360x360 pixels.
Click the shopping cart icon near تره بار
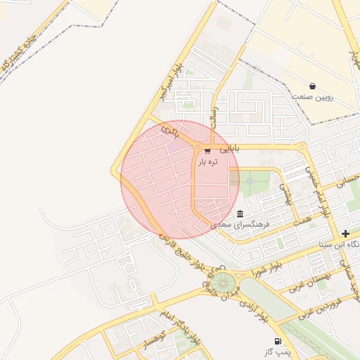click(x=207, y=150)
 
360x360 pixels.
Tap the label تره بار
click(x=207, y=162)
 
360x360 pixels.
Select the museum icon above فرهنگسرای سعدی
click(x=240, y=214)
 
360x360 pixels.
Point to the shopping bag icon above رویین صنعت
click(x=312, y=86)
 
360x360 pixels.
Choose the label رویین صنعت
click(x=312, y=96)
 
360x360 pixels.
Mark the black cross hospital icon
click(x=345, y=233)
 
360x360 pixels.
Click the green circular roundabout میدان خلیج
click(x=226, y=283)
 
